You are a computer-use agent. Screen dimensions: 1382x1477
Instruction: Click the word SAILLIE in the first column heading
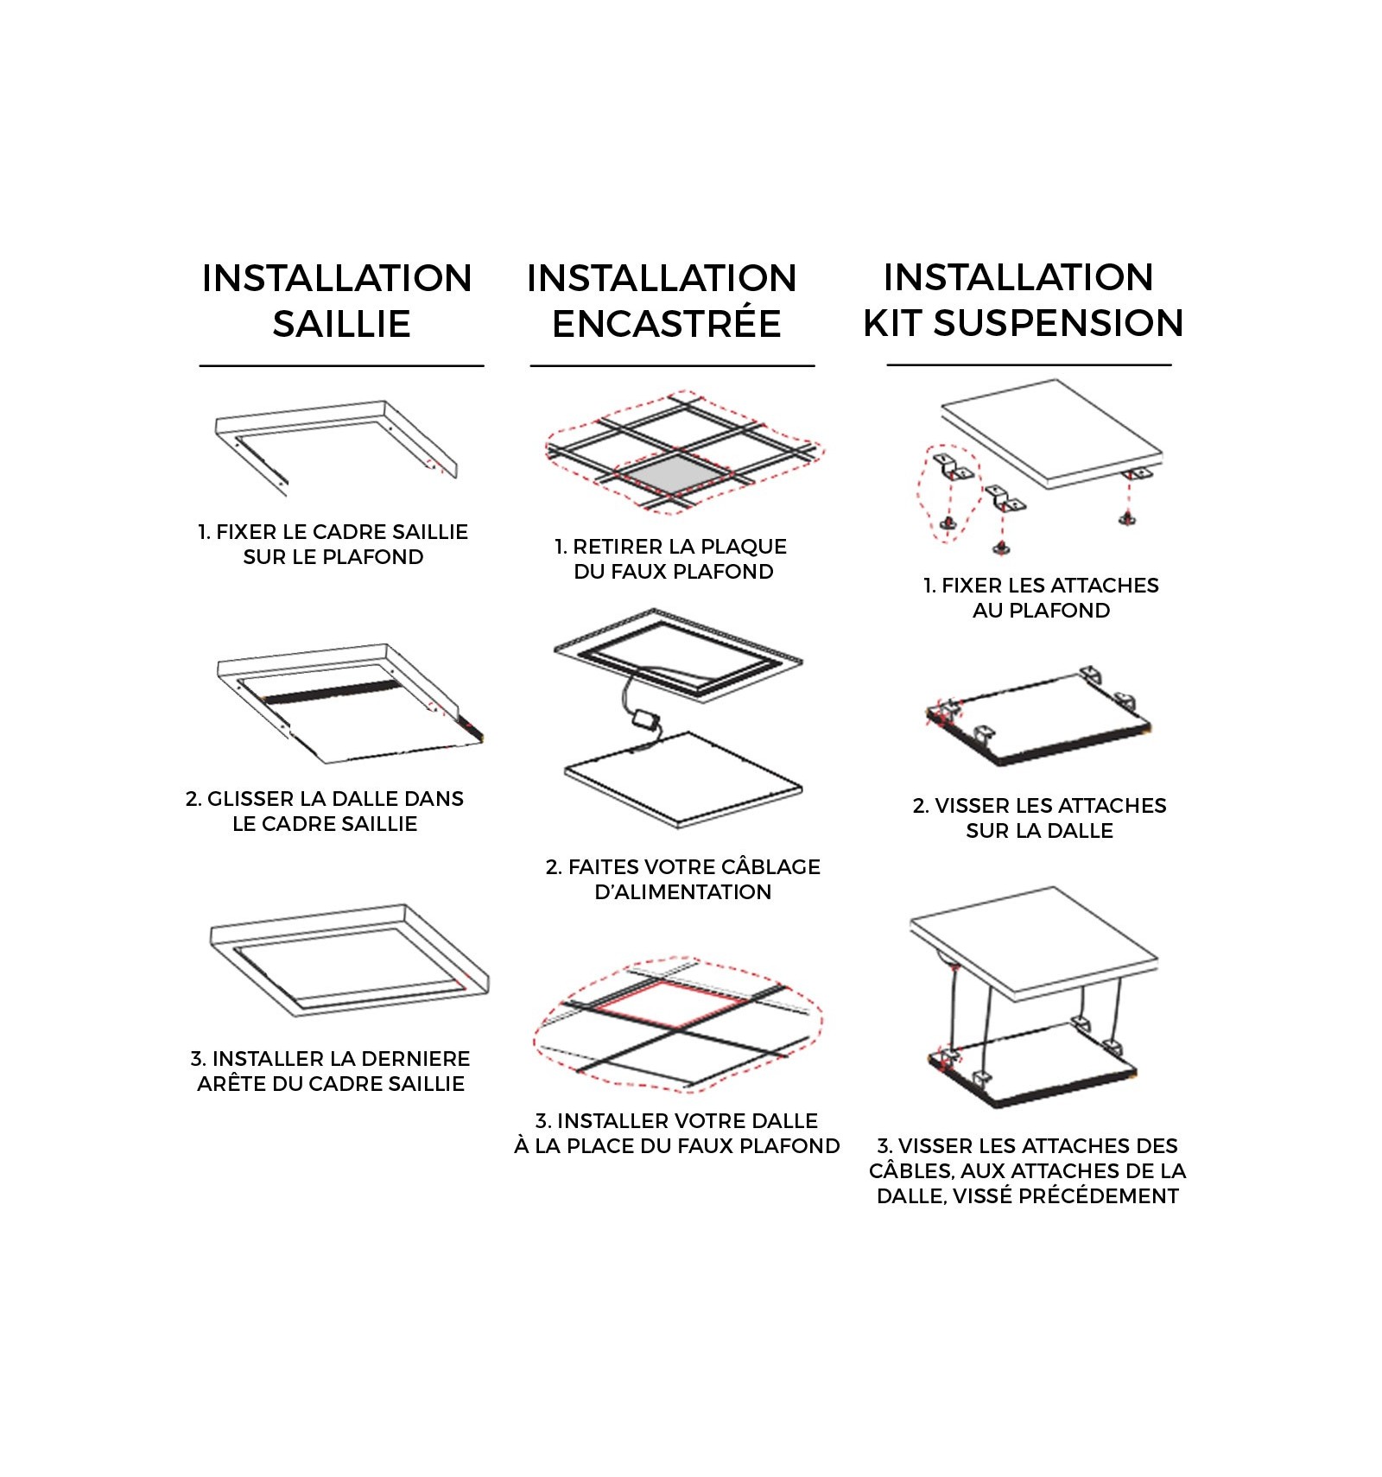[x=341, y=324]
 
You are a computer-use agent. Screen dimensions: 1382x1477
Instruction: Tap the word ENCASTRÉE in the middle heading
[x=667, y=324]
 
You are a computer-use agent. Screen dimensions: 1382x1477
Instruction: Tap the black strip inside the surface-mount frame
[x=333, y=691]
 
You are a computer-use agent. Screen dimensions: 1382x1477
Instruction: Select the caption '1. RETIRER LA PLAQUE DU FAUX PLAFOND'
[x=671, y=559]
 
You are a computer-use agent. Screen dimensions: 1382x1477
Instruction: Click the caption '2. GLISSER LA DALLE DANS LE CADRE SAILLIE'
[x=325, y=811]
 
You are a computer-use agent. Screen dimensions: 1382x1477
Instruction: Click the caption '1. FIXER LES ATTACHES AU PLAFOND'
[x=1041, y=598]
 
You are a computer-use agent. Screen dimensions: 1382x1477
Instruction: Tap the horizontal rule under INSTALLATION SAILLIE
[x=342, y=366]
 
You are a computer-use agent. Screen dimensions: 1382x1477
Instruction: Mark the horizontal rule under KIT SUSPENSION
[x=1029, y=365]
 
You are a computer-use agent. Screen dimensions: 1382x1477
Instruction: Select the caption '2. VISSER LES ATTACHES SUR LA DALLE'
[x=1039, y=818]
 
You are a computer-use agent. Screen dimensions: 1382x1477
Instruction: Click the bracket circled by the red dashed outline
[x=953, y=466]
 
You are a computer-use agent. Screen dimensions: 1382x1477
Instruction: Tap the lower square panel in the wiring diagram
[x=683, y=780]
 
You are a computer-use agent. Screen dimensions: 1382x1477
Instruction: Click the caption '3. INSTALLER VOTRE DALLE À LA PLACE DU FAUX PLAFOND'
[x=676, y=1133]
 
